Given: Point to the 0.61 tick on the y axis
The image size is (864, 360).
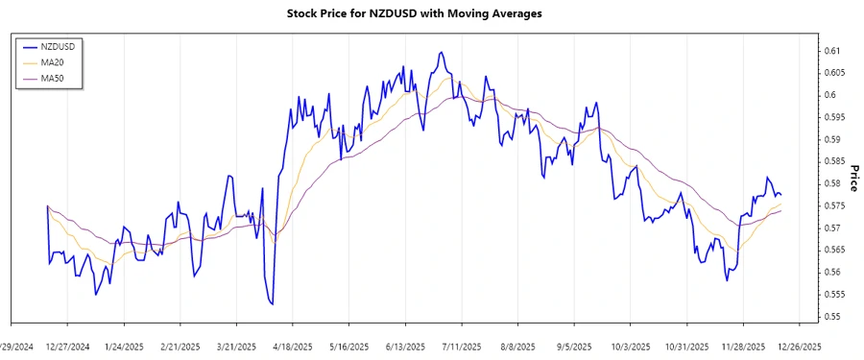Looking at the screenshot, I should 831,51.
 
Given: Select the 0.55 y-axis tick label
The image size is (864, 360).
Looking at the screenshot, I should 831,317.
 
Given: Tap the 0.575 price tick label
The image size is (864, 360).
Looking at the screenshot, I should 833,206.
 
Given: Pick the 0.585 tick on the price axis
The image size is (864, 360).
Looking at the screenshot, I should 833,161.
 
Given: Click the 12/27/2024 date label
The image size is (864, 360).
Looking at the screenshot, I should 67,347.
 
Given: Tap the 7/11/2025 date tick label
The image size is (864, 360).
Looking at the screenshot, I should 461,347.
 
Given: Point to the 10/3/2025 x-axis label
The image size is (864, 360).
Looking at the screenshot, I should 630,347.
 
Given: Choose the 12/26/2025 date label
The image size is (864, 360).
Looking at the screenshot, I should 799,347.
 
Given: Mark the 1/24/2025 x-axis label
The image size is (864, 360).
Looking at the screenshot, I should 124,347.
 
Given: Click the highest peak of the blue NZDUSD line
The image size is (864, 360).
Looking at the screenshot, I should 441,53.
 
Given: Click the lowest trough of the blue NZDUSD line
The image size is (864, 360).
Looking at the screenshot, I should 273,304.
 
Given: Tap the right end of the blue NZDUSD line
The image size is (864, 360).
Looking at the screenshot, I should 780,195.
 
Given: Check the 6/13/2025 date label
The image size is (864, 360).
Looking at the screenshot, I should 404,347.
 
